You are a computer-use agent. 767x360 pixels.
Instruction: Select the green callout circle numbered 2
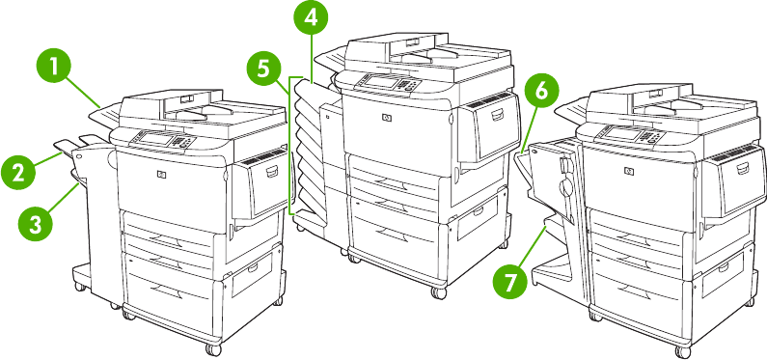click(x=18, y=173)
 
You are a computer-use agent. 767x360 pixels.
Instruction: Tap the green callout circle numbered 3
click(x=36, y=224)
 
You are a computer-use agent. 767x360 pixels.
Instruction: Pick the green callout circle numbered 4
click(x=311, y=18)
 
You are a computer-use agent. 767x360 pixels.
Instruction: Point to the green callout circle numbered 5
click(x=263, y=69)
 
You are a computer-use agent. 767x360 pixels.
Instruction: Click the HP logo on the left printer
click(x=160, y=174)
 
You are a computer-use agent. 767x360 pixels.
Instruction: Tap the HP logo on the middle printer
click(x=386, y=118)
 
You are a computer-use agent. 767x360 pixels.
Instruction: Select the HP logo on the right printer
click(x=629, y=171)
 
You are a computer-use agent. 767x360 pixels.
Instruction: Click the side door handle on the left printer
click(x=272, y=171)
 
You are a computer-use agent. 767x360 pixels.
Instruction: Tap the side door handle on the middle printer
click(x=496, y=115)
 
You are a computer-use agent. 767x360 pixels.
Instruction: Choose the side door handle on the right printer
click(x=742, y=168)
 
